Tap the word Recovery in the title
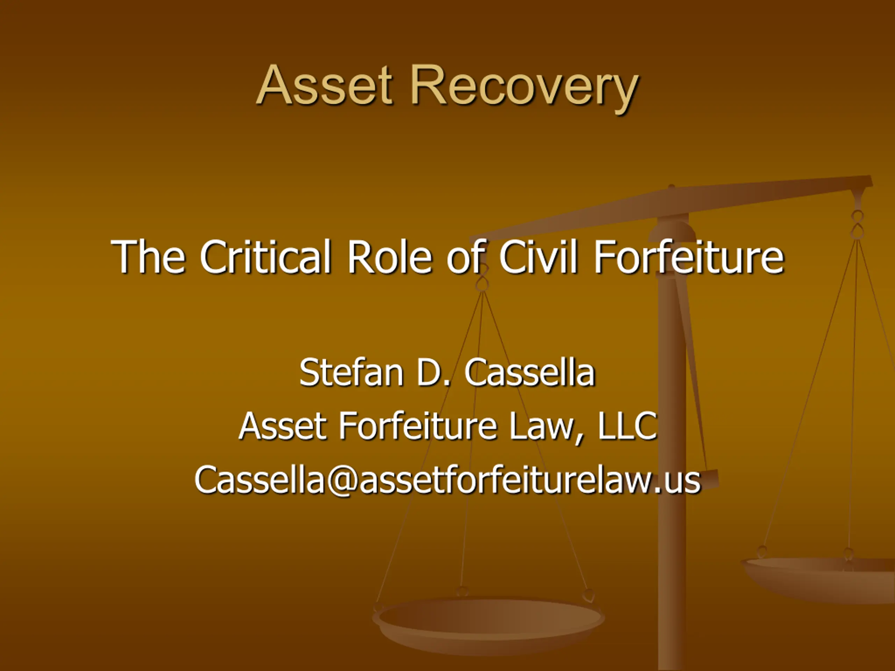pos(524,89)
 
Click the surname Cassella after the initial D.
pos(530,372)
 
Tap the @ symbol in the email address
pos(342,481)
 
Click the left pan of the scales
pos(488,625)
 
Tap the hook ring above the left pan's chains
pos(482,284)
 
